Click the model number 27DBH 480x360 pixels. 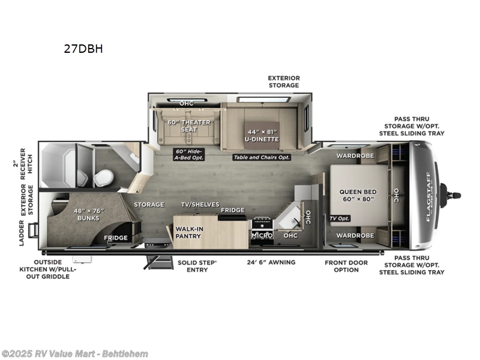(83, 49)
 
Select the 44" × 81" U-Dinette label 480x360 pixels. (263, 135)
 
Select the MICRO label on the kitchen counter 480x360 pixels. (262, 236)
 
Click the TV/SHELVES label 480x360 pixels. (200, 205)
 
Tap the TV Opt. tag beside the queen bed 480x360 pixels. (340, 218)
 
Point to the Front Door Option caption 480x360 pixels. (350, 266)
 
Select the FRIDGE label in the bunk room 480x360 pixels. (115, 238)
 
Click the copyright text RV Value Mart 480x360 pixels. (74, 354)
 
